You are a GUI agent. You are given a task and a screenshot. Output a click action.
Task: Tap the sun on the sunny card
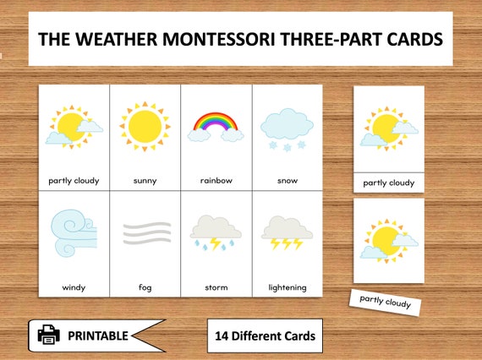(x=145, y=126)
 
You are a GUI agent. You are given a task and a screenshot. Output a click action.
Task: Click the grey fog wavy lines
(x=145, y=232)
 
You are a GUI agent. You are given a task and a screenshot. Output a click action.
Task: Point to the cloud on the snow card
(x=287, y=125)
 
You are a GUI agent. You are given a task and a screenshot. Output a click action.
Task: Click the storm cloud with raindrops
(x=216, y=227)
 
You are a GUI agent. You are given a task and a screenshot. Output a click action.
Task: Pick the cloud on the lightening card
(x=287, y=227)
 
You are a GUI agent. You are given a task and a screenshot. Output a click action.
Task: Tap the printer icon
(x=50, y=335)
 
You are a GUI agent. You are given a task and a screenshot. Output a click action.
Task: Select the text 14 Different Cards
(x=265, y=336)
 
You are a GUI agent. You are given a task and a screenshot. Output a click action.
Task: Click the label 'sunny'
(x=145, y=180)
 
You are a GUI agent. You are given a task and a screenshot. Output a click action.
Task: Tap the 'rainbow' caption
(x=216, y=180)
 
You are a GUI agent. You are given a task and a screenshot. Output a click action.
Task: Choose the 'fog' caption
(x=145, y=287)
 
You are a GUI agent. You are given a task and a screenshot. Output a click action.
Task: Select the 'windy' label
(x=74, y=287)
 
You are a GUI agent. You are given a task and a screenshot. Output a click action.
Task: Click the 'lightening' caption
(x=287, y=287)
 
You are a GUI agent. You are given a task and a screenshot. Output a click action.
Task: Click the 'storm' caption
(x=216, y=287)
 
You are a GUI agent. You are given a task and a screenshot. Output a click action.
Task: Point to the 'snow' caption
(x=287, y=180)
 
